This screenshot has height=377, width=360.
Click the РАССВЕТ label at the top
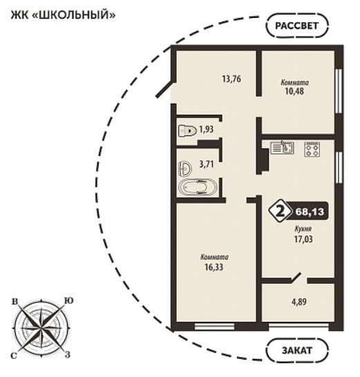[296, 26]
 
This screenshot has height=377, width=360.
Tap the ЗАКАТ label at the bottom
[297, 350]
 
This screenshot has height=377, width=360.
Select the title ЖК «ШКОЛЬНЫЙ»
[63, 15]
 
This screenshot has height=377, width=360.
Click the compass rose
[41, 327]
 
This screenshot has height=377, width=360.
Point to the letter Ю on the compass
[68, 301]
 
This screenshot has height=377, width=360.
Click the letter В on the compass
[15, 302]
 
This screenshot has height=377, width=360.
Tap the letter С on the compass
[14, 356]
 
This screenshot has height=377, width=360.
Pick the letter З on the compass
[68, 354]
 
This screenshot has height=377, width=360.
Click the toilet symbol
[187, 131]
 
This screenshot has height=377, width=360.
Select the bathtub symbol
[198, 187]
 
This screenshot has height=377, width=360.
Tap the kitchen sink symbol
[282, 147]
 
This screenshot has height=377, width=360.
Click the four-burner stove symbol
[312, 149]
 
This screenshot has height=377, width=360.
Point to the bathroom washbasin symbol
[185, 168]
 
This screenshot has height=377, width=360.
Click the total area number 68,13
[310, 212]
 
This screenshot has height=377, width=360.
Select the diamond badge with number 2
[280, 211]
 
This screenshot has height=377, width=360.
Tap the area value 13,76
[231, 79]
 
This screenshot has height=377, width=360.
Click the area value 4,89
[299, 302]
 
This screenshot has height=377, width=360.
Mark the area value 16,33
[214, 267]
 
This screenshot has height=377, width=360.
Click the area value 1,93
[207, 130]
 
